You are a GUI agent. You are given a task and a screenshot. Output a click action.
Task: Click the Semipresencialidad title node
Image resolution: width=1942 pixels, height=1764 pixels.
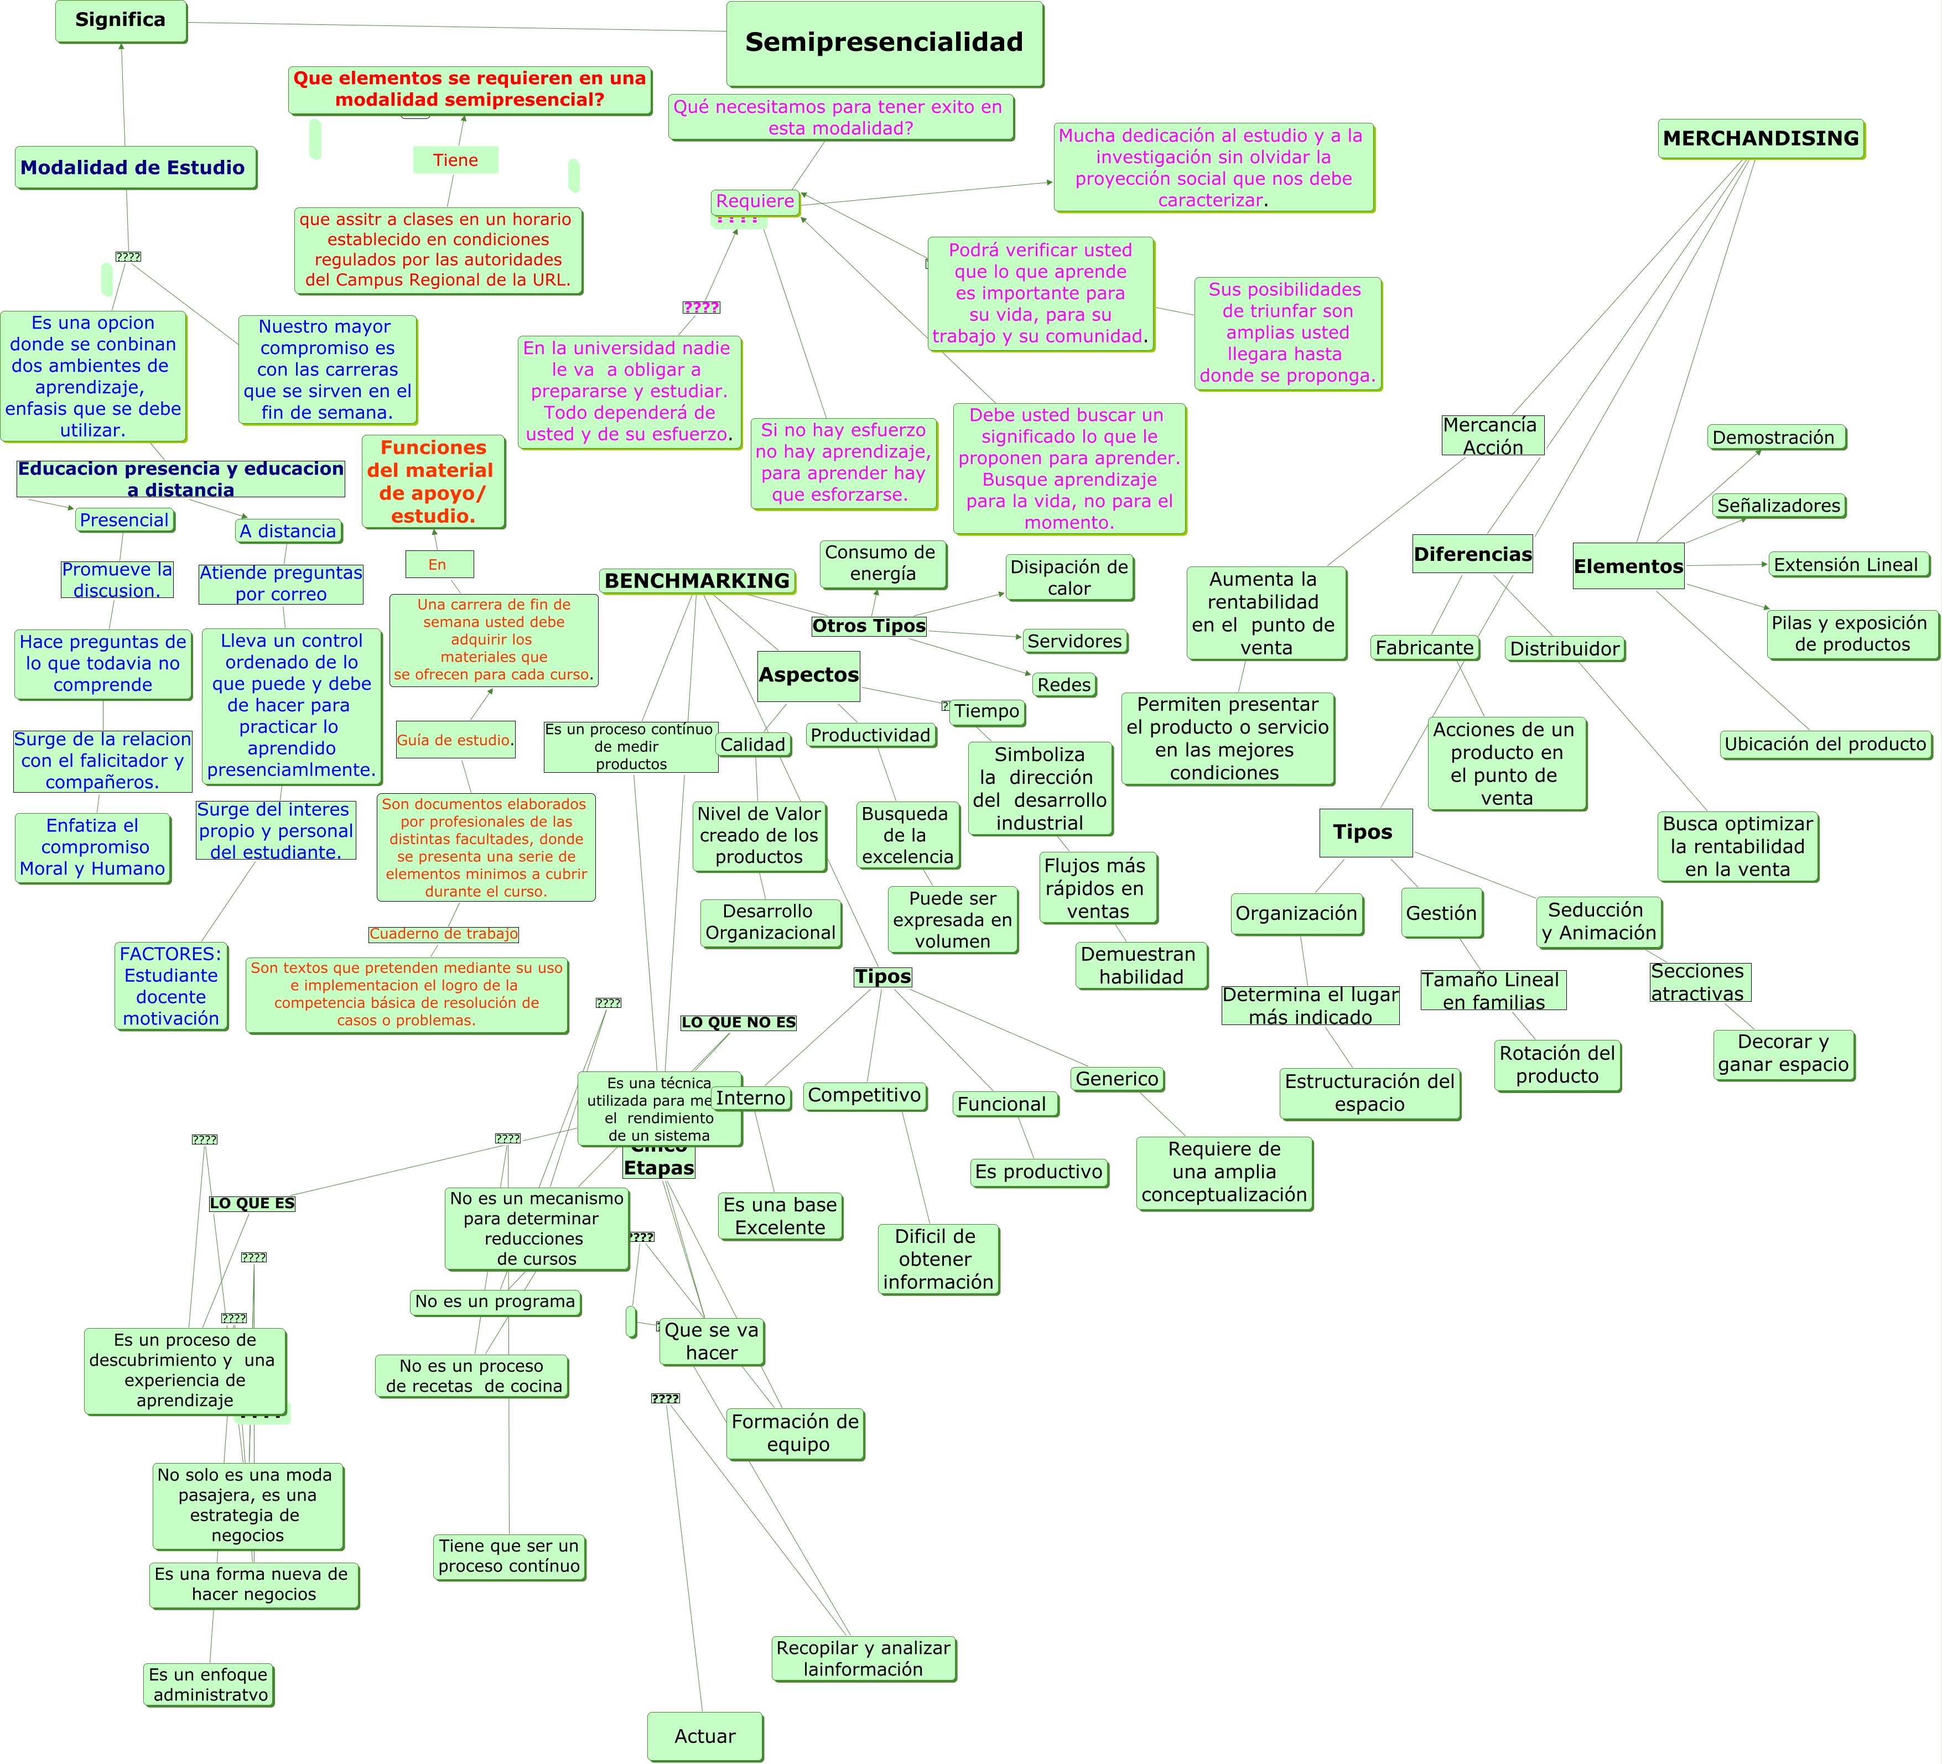(x=884, y=43)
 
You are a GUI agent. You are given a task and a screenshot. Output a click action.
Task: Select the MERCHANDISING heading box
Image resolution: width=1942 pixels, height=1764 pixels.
(x=1761, y=139)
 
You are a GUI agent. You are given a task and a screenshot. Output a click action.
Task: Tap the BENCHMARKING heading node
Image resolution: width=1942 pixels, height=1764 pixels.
(x=698, y=581)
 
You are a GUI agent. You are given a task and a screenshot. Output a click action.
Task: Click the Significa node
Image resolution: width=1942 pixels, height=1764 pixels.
(x=121, y=20)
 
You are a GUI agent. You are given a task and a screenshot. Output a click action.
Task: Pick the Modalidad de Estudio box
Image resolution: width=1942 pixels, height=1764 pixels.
(x=134, y=168)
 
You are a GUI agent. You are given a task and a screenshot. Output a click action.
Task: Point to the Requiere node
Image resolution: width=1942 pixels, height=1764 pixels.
(x=755, y=201)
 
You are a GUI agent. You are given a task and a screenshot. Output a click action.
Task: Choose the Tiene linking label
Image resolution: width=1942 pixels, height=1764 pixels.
(x=456, y=160)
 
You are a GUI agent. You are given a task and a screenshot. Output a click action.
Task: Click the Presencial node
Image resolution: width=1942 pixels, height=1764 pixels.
(x=124, y=520)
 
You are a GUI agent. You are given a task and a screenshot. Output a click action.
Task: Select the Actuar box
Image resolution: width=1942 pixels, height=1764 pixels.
(x=704, y=1736)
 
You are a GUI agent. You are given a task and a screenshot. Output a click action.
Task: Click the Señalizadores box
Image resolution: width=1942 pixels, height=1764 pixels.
(x=1778, y=506)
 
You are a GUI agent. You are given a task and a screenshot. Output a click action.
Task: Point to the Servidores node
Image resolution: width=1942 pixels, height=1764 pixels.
(x=1074, y=641)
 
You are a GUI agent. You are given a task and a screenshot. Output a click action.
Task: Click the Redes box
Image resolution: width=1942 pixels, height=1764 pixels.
(x=1063, y=685)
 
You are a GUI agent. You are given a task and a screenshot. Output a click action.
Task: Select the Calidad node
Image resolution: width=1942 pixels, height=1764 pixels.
(x=754, y=745)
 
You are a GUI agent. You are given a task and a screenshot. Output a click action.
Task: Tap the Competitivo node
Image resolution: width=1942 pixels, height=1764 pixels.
(x=865, y=1096)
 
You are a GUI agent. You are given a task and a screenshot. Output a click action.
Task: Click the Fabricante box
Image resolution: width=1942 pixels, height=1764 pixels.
(x=1425, y=648)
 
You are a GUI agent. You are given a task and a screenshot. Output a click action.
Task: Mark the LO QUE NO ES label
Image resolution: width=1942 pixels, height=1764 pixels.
(x=739, y=1023)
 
